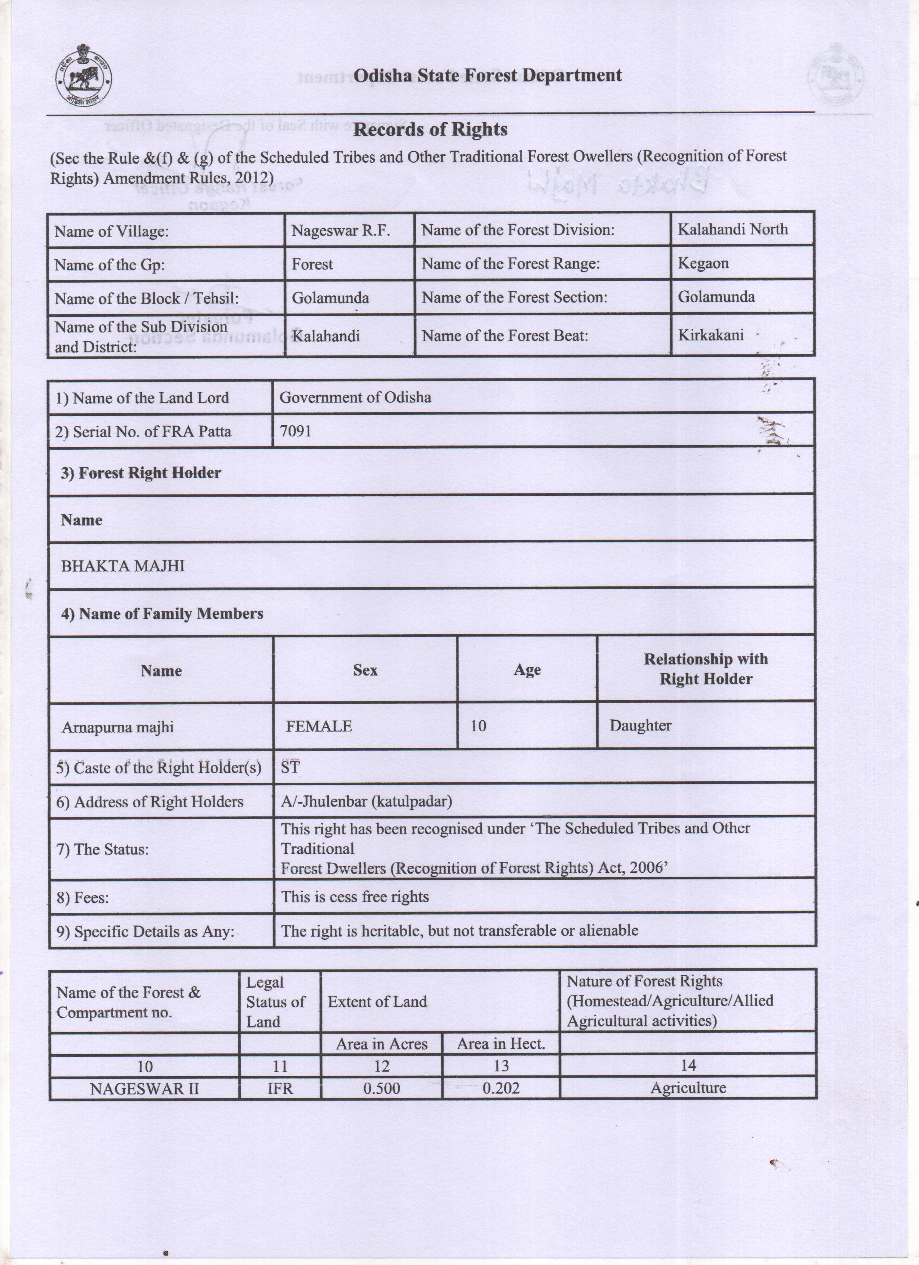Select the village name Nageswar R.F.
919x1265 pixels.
tap(340, 230)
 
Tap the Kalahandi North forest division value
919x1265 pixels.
tap(732, 229)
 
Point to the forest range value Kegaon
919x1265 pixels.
tap(703, 263)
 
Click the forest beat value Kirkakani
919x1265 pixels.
tap(710, 335)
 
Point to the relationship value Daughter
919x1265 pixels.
tap(640, 725)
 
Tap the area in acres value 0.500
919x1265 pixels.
tap(381, 1088)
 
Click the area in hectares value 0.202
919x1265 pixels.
tap(501, 1088)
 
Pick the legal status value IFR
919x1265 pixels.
tap(280, 1088)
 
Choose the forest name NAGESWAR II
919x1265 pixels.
tap(145, 1088)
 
